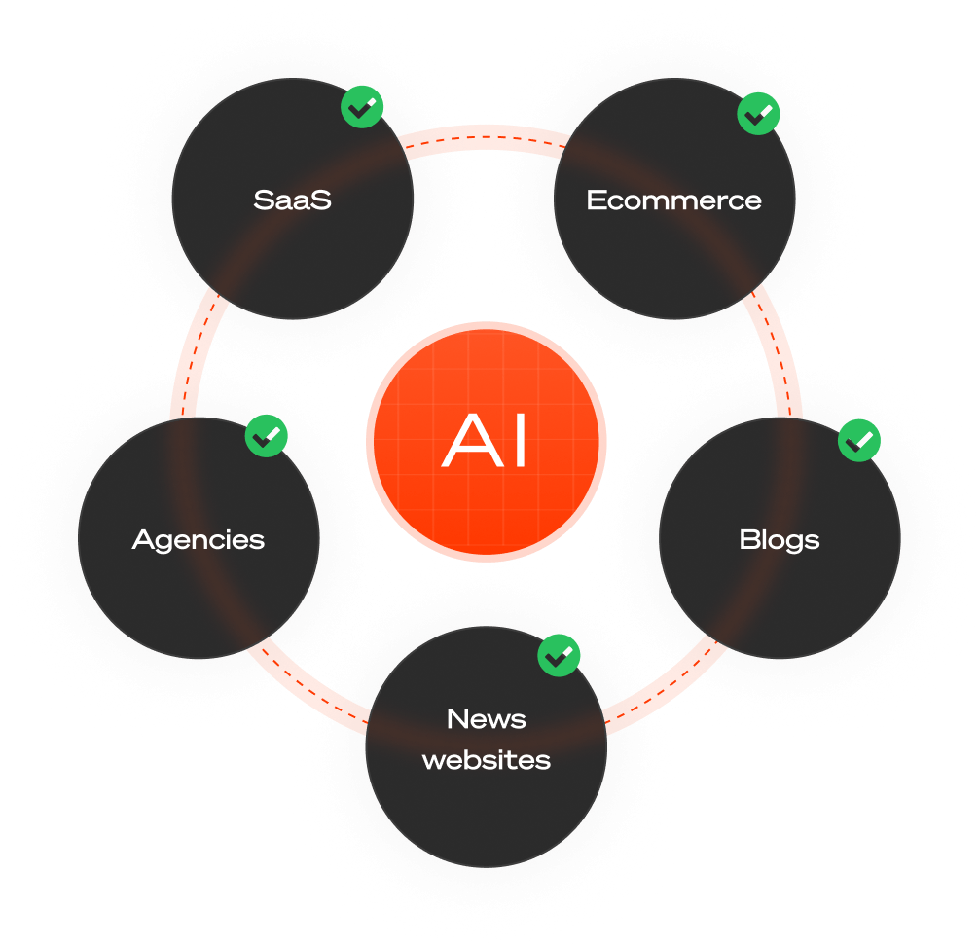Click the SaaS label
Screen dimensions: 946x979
pos(292,200)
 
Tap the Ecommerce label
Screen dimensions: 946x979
pos(673,200)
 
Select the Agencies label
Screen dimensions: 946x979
pos(199,539)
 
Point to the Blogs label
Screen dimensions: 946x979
pos(780,539)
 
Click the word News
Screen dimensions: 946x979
pos(487,719)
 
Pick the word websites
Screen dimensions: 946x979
pos(487,759)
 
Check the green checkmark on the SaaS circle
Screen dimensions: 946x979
pos(362,109)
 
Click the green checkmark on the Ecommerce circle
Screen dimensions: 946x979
pos(758,115)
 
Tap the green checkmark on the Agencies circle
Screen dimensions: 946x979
pos(266,437)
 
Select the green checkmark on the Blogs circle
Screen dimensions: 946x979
pos(859,441)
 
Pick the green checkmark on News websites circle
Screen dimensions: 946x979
pos(560,656)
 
